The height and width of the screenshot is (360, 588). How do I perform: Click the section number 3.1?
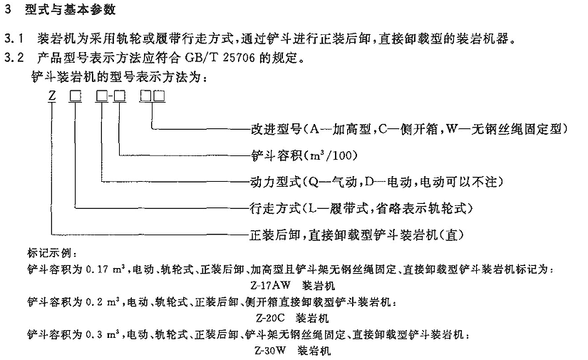(14, 38)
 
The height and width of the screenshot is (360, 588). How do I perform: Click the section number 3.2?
(14, 58)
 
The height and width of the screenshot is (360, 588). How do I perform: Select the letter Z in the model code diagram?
(52, 96)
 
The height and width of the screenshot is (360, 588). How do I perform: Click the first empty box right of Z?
(75, 96)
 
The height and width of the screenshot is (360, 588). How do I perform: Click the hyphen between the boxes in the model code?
(110, 97)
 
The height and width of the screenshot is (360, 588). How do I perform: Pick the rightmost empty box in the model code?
(159, 96)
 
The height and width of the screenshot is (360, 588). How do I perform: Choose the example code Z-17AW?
(270, 285)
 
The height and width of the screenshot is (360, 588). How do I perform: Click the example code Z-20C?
(270, 318)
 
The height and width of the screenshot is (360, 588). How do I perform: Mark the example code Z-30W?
(270, 351)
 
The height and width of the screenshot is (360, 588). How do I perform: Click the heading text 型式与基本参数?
(70, 9)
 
